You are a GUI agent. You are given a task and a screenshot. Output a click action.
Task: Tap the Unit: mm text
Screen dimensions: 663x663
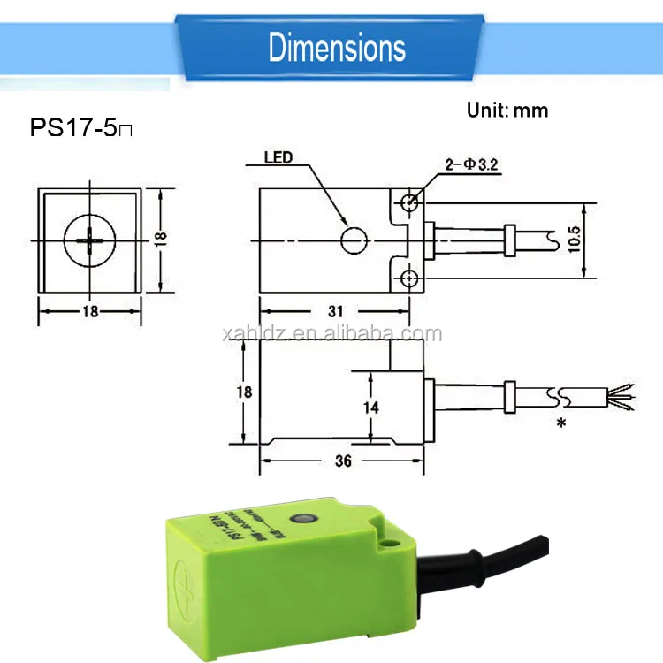click(x=507, y=110)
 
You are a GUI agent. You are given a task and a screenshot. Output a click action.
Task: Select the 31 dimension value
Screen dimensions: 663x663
click(x=335, y=310)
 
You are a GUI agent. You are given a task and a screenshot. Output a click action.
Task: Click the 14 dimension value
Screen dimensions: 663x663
click(x=372, y=408)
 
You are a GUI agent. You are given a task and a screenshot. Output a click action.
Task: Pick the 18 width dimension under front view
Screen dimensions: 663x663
click(x=89, y=310)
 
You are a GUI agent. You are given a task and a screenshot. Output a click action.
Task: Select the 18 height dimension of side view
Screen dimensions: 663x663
click(x=245, y=392)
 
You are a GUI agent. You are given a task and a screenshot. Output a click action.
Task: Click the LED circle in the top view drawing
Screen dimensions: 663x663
click(x=354, y=240)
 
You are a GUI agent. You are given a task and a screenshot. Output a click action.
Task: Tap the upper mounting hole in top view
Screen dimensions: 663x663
click(x=408, y=202)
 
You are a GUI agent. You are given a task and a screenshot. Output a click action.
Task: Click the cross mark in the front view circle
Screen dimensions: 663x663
click(x=89, y=240)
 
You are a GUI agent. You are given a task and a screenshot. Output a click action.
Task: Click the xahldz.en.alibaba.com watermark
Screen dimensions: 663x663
click(x=332, y=334)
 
